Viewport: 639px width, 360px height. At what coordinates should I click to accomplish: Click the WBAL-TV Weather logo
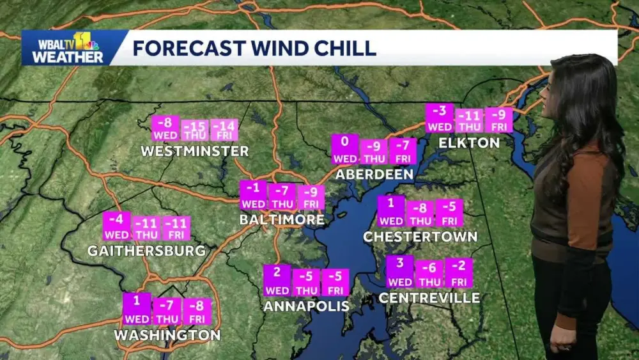point(64,48)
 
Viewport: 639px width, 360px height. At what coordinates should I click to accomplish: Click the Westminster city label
point(195,152)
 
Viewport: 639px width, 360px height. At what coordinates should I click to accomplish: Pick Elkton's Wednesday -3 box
point(440,118)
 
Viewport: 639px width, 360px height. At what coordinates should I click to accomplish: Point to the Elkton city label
point(468,143)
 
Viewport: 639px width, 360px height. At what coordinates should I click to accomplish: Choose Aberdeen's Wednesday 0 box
point(345,149)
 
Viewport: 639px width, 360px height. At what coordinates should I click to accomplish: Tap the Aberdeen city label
point(374,174)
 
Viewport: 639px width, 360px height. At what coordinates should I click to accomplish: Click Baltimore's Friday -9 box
point(311,196)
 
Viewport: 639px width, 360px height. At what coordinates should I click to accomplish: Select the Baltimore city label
point(282,219)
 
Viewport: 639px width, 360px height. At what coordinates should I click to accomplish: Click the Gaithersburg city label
point(146,251)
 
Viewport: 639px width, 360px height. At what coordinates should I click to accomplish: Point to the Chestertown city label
point(420,237)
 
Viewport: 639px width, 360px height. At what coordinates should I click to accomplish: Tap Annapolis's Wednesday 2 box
point(277,280)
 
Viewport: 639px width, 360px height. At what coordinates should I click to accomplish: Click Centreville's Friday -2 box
point(459,273)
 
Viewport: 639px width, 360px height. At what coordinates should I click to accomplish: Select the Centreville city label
point(429,298)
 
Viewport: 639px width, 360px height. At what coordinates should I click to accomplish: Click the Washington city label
point(167,335)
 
